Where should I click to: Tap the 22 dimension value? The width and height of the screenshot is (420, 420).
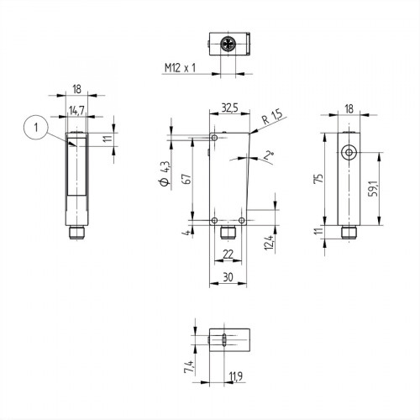pos(228,254)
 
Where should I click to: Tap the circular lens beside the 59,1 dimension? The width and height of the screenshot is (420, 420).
pos(348,153)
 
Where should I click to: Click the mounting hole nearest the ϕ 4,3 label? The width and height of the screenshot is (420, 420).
pos(215,138)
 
